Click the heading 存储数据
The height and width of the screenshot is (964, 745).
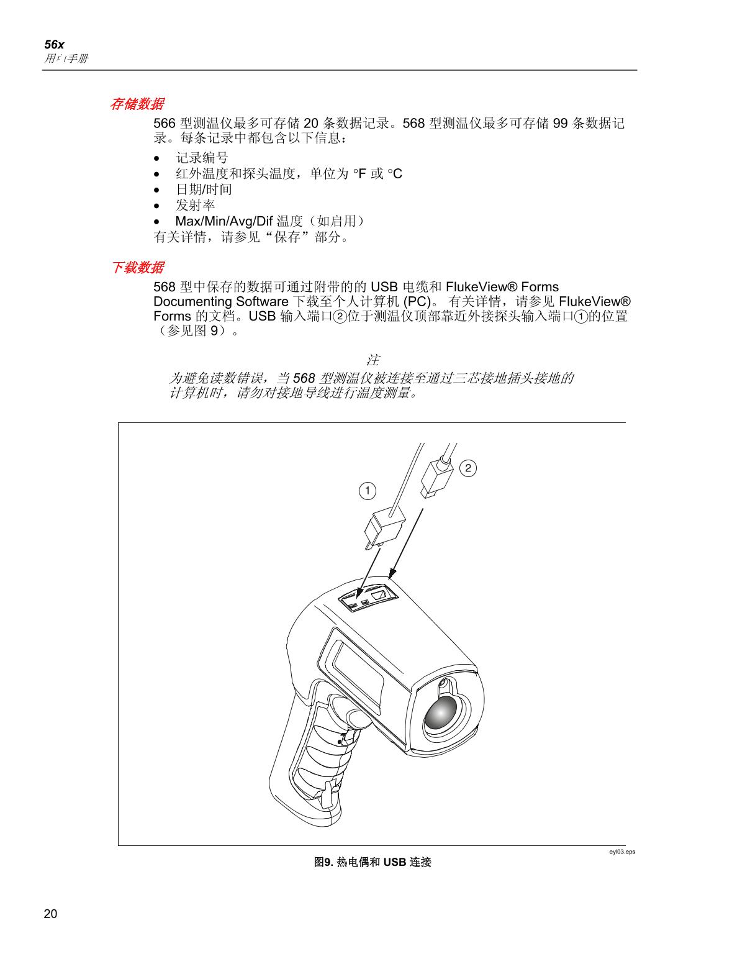pyautogui.click(x=137, y=104)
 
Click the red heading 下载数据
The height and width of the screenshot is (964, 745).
pyautogui.click(x=137, y=268)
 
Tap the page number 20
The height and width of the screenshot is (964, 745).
pyautogui.click(x=50, y=914)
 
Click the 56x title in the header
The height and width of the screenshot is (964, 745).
pyautogui.click(x=55, y=45)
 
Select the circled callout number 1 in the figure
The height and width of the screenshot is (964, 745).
pyautogui.click(x=368, y=491)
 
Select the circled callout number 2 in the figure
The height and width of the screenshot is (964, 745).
pyautogui.click(x=467, y=468)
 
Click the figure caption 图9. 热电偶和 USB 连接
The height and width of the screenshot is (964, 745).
pyautogui.click(x=372, y=862)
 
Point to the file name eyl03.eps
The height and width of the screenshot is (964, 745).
pyautogui.click(x=621, y=852)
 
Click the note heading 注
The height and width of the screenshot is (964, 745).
pyautogui.click(x=372, y=360)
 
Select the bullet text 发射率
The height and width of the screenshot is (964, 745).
pyautogui.click(x=195, y=206)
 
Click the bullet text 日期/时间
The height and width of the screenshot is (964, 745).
pyautogui.click(x=204, y=189)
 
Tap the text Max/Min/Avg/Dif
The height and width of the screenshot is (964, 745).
pyautogui.click(x=224, y=222)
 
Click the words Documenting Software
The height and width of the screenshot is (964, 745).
pyautogui.click(x=220, y=302)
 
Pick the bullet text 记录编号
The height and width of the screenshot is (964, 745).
pyautogui.click(x=202, y=158)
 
